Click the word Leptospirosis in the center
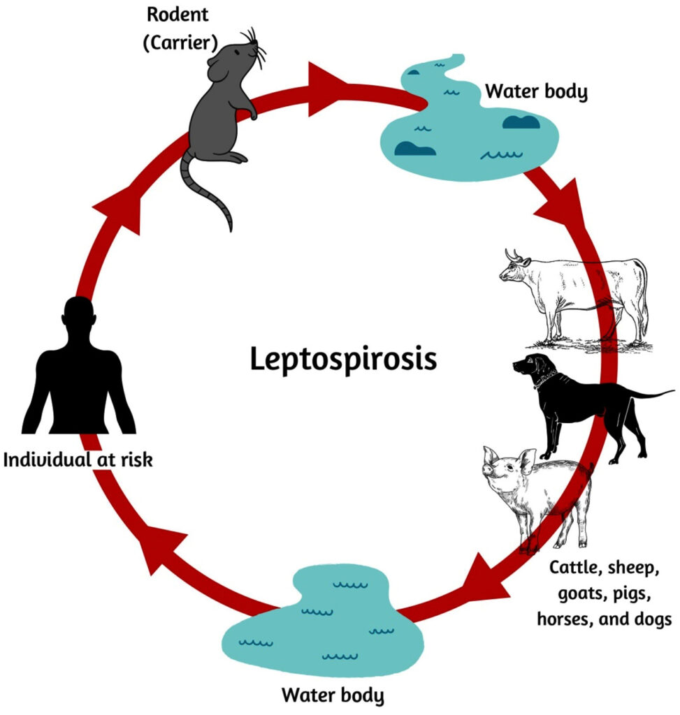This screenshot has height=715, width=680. (x=343, y=360)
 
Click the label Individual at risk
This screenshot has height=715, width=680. (x=78, y=460)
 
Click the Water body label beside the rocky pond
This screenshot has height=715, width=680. (x=536, y=91)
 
